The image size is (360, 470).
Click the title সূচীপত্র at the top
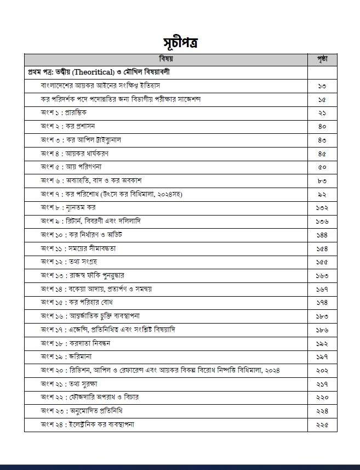click(180, 43)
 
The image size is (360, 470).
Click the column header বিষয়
click(166, 59)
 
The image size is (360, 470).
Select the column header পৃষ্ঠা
click(322, 59)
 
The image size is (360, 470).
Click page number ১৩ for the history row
click(322, 86)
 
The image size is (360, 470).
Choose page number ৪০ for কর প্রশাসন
click(322, 126)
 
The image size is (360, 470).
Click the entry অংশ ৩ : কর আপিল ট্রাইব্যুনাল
click(81, 140)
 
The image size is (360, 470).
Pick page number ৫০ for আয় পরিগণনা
click(322, 167)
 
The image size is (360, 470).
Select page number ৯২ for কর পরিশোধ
click(322, 194)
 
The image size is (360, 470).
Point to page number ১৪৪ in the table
click(322, 235)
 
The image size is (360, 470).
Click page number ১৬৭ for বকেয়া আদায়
click(322, 289)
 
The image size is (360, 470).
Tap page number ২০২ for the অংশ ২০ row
click(322, 370)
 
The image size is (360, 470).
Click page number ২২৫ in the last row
click(322, 424)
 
